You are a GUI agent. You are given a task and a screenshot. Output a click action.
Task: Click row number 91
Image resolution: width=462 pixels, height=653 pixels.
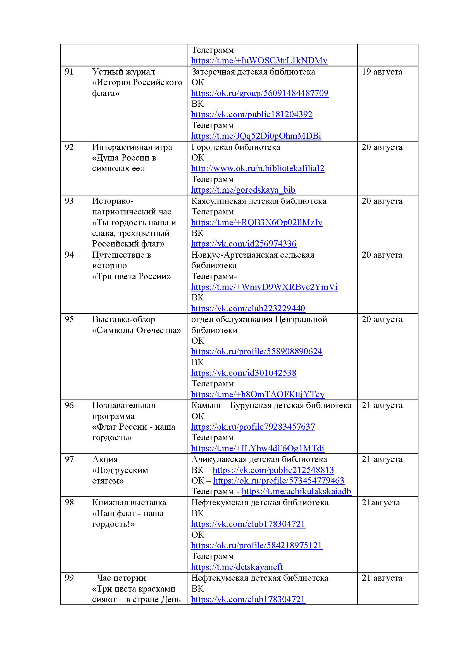69,72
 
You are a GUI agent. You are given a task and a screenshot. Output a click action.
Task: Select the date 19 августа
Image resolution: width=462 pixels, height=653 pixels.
382,72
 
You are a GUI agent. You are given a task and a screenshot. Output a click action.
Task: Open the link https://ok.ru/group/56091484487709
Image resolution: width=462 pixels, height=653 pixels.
260,93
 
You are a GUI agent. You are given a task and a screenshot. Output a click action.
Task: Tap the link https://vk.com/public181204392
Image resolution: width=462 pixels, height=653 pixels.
252,115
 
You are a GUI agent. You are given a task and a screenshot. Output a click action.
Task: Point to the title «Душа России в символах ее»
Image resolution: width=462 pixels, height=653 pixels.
124,163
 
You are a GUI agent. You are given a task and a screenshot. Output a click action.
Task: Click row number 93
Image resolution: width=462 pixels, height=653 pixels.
69,201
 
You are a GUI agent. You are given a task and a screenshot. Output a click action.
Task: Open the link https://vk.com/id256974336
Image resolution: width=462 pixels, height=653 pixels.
244,244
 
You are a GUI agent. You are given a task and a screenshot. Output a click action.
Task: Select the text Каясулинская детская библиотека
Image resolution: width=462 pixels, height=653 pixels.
259,201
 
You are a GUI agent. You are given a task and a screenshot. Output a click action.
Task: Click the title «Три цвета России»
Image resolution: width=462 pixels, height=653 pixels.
132,276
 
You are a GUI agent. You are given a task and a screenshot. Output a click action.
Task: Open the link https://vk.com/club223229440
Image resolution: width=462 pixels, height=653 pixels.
248,308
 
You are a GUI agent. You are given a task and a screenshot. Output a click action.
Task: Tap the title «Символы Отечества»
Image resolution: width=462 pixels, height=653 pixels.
137,330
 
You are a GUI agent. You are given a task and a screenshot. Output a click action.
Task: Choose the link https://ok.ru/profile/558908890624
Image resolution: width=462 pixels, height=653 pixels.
257,351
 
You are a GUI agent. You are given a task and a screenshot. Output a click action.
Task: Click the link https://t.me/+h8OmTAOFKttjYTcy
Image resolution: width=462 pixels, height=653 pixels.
258,394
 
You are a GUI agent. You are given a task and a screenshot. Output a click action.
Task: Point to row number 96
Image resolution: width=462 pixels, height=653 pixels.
69,405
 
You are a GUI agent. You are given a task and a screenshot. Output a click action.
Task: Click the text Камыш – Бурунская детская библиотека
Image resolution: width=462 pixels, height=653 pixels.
272,405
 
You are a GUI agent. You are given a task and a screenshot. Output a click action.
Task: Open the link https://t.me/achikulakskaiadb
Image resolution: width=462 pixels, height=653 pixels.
296,491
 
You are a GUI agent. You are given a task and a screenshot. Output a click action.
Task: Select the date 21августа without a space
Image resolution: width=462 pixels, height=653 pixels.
381,503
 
